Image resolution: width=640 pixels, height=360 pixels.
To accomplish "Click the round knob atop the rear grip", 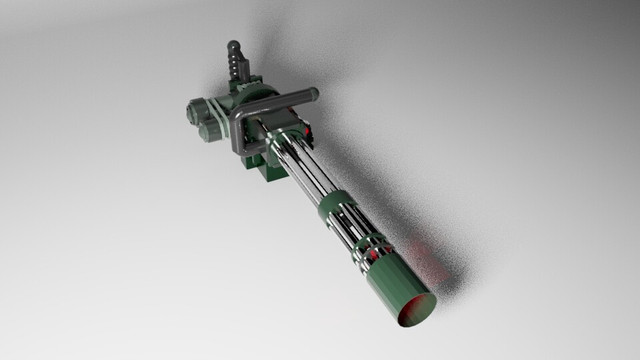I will coord(233,47).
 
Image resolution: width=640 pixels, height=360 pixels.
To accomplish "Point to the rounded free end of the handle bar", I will coord(312,95).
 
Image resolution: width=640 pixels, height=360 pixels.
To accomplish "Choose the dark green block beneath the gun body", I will coord(263,167).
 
